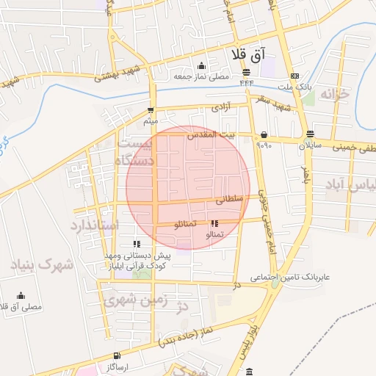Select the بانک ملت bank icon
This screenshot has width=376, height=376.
pyautogui.click(x=294, y=76)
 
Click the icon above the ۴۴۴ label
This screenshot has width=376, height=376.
pyautogui.click(x=246, y=72)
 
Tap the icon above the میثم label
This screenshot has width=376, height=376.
pyautogui.click(x=151, y=110)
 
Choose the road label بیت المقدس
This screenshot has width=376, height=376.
pyautogui.click(x=211, y=135)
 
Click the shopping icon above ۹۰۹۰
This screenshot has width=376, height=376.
pyautogui.click(x=264, y=135)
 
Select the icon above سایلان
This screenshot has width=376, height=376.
pyautogui.click(x=310, y=135)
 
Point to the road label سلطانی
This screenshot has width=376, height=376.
pyautogui.click(x=228, y=198)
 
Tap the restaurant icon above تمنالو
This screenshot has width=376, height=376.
pyautogui.click(x=214, y=223)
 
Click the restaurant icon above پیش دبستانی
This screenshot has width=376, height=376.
pyautogui.click(x=136, y=244)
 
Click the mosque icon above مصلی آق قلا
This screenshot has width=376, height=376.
pyautogui.click(x=21, y=296)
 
